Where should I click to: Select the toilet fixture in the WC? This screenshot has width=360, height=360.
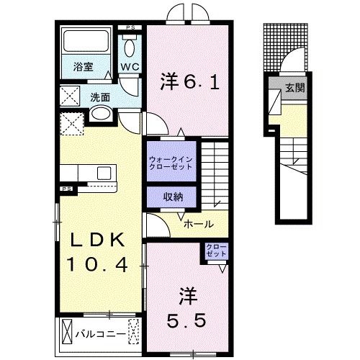(130, 47)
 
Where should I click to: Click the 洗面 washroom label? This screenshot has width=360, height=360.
(99, 96)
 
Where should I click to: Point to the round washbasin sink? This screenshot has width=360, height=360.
(101, 113)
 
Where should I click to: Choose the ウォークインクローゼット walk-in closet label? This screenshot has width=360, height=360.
(171, 162)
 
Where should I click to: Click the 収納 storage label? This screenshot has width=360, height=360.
(171, 196)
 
